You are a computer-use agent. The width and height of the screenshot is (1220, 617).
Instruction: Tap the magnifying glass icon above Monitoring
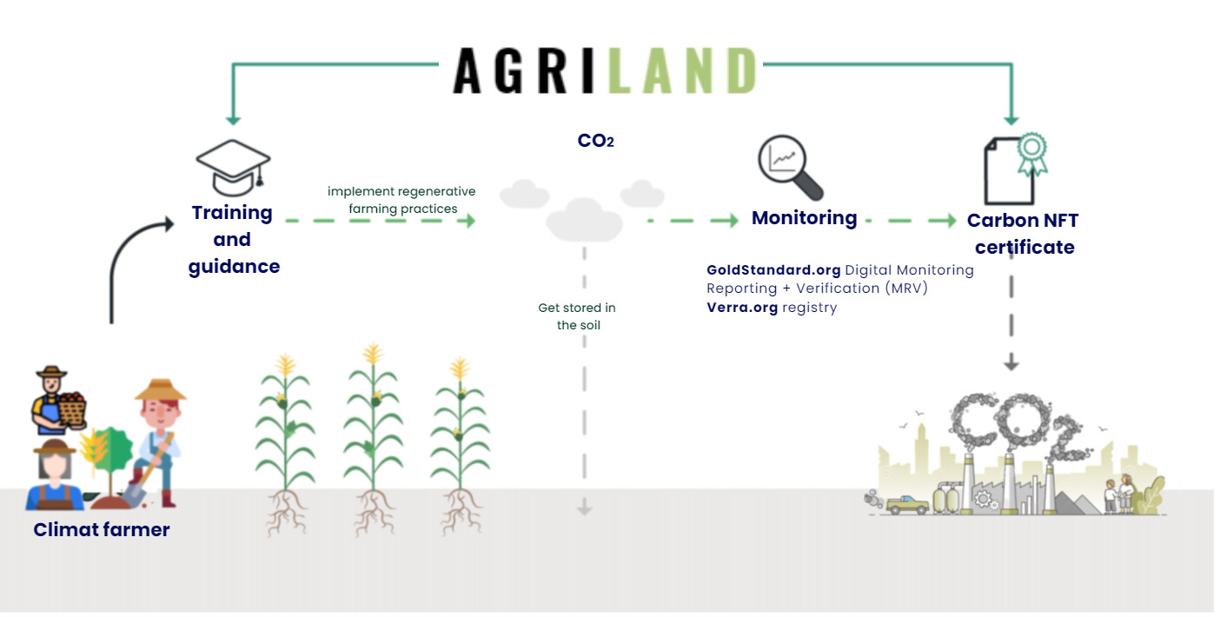pyautogui.click(x=790, y=167)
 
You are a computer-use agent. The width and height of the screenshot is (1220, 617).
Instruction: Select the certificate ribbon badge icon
pyautogui.click(x=1032, y=152)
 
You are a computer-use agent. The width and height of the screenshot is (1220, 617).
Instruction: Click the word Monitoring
pyautogui.click(x=804, y=218)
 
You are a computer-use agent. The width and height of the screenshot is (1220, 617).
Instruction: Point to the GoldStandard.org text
pyautogui.click(x=773, y=270)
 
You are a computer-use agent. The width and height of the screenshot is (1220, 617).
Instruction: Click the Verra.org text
pyautogui.click(x=742, y=308)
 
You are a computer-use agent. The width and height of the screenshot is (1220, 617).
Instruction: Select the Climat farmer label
pyautogui.click(x=102, y=530)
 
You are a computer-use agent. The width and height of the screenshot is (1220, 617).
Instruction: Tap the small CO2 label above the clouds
pyautogui.click(x=595, y=141)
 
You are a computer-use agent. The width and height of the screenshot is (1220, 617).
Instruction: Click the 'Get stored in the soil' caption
pyautogui.click(x=577, y=316)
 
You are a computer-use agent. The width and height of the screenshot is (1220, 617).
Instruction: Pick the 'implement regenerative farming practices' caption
pyautogui.click(x=401, y=200)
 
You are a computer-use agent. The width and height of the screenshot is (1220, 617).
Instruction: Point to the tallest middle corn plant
pyautogui.click(x=374, y=435)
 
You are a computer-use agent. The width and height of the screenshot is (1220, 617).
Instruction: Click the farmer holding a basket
pyautogui.click(x=57, y=401)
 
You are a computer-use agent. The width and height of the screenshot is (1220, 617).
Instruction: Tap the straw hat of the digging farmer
pyautogui.click(x=161, y=390)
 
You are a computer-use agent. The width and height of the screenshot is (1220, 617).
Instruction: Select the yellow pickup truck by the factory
pyautogui.click(x=907, y=505)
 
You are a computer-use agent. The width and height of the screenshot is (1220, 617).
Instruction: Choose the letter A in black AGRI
pyautogui.click(x=467, y=71)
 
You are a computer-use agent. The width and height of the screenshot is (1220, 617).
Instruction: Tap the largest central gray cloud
pyautogui.click(x=584, y=221)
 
